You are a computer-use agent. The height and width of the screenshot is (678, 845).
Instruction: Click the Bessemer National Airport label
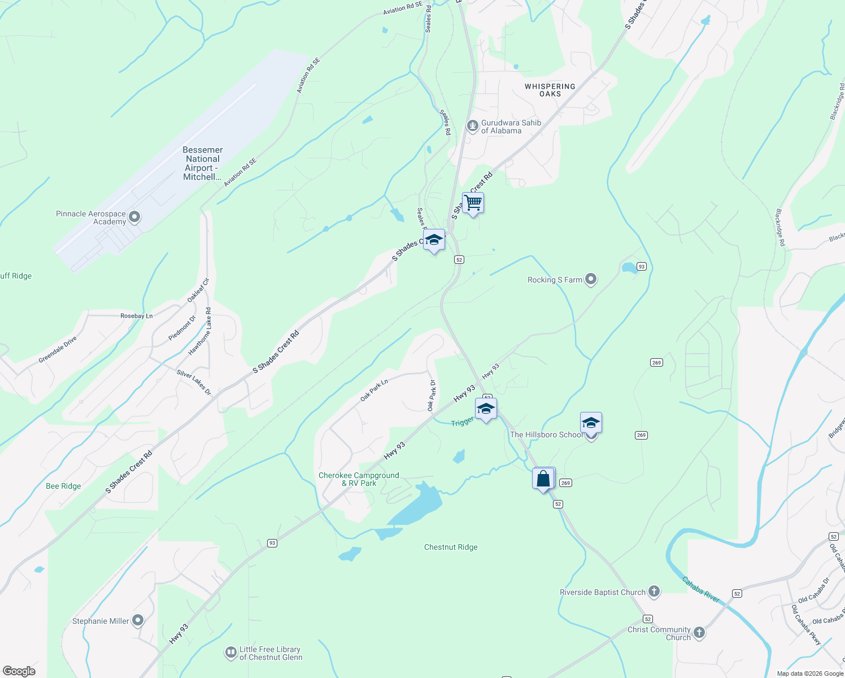click(202, 163)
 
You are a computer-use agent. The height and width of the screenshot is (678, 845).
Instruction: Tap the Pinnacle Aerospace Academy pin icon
click(134, 217)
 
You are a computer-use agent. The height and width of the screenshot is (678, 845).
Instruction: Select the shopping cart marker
click(473, 203)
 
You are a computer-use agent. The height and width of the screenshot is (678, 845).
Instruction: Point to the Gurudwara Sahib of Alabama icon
click(472, 126)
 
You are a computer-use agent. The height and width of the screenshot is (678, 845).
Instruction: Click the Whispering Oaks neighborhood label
click(550, 90)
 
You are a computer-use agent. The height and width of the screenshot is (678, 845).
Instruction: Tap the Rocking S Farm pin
click(591, 279)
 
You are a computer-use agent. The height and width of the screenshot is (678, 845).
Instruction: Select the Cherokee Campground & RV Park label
click(359, 479)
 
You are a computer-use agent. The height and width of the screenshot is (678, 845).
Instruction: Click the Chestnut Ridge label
click(451, 547)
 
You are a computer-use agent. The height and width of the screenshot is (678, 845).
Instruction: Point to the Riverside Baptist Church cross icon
click(654, 592)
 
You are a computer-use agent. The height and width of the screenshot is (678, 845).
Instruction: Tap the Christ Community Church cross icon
click(699, 632)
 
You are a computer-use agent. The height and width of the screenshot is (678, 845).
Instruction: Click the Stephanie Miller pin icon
click(137, 620)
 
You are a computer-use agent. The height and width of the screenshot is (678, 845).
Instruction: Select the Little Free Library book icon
click(230, 653)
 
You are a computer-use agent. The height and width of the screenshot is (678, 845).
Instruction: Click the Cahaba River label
click(700, 589)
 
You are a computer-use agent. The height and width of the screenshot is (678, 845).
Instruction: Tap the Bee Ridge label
click(63, 486)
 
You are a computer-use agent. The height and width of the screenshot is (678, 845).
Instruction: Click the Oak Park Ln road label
click(374, 390)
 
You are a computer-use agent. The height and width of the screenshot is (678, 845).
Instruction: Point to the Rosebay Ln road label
click(137, 316)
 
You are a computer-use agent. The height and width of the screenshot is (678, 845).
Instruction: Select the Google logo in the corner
click(19, 671)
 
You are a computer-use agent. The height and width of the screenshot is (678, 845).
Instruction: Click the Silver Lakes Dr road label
click(194, 382)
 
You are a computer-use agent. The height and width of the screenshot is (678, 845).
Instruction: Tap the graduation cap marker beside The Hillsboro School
click(590, 423)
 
